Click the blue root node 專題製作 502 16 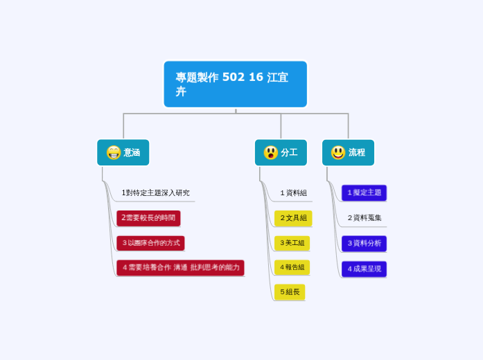235,84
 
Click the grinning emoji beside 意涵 113,152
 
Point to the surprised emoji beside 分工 270,152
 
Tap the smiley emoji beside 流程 337,152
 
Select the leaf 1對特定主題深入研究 155,193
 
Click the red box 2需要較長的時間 148,218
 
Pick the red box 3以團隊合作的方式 150,243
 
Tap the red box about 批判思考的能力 180,267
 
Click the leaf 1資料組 293,193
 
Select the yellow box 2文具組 293,218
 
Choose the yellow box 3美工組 292,243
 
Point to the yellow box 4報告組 292,267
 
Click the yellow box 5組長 290,292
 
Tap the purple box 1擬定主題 364,192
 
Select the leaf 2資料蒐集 365,218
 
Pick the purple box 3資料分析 364,244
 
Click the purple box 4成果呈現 364,269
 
